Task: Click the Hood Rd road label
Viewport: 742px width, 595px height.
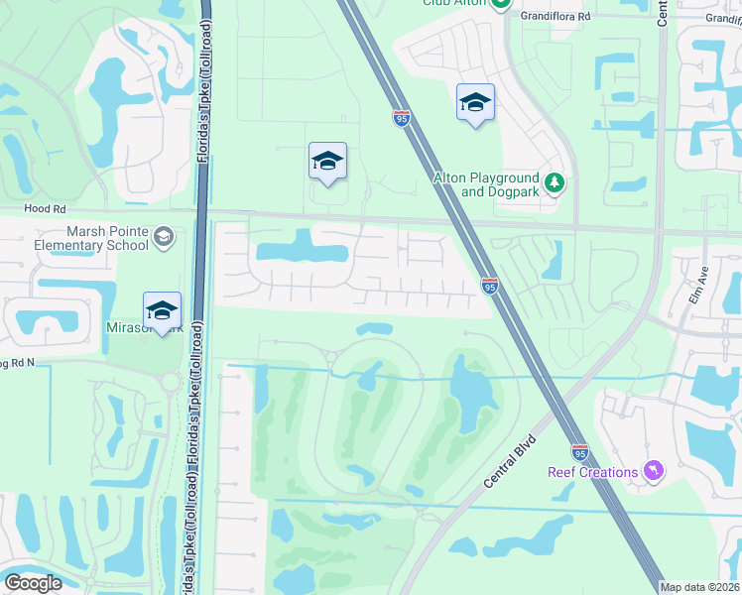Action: (x=45, y=209)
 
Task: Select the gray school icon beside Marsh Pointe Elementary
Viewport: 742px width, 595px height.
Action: (x=163, y=237)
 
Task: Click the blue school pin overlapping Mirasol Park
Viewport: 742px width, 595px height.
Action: (x=163, y=310)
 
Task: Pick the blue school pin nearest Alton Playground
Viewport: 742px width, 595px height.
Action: (x=475, y=102)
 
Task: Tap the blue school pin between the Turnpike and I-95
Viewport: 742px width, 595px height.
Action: (x=327, y=162)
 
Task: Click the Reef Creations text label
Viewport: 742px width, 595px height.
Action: (x=592, y=472)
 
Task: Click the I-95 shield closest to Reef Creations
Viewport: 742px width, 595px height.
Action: (x=580, y=450)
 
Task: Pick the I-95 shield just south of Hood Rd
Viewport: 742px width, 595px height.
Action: (x=489, y=287)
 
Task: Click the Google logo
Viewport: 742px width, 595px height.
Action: (x=33, y=582)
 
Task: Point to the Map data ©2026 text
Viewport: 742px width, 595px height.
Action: (x=699, y=587)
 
